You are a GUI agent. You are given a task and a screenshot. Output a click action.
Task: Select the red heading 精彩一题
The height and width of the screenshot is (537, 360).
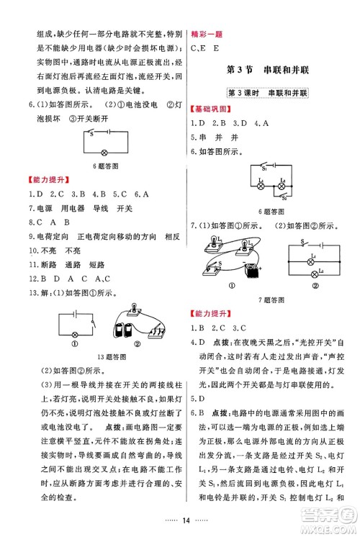tap(207, 34)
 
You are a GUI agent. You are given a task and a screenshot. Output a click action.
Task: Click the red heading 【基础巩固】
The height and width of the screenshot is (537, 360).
tap(212, 109)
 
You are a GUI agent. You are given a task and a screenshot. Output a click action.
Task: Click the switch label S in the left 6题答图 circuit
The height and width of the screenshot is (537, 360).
tap(91, 132)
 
